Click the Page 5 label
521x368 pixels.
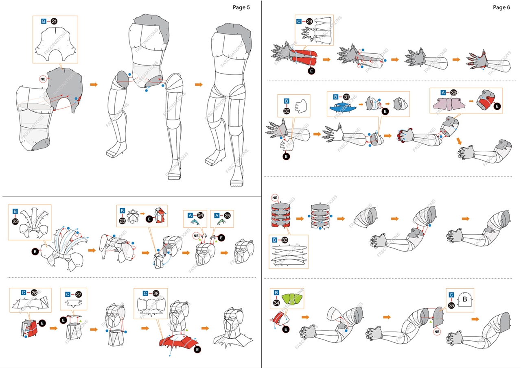[241, 7]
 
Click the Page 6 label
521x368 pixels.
[501, 7]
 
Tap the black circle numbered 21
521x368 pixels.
[54, 21]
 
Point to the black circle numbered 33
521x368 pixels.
[285, 240]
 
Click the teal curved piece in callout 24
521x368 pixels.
[197, 222]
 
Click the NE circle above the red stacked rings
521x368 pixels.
[276, 198]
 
